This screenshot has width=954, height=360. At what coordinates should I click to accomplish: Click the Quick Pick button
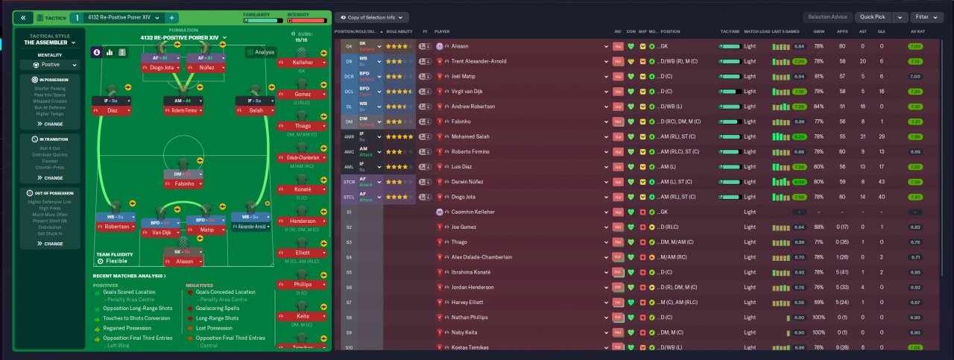click(874, 17)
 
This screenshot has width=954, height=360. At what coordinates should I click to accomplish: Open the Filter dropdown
click(926, 17)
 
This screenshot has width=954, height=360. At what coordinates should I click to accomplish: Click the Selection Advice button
click(827, 17)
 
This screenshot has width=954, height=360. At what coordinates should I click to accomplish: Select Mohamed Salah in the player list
click(474, 136)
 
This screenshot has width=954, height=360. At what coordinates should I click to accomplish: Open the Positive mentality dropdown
click(50, 65)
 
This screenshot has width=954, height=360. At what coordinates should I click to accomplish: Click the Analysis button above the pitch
click(261, 52)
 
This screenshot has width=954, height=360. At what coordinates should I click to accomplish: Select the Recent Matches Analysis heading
click(129, 276)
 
